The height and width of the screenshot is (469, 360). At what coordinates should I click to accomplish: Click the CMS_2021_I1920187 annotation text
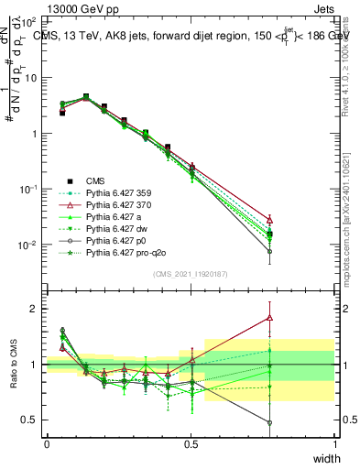(x=191, y=275)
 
